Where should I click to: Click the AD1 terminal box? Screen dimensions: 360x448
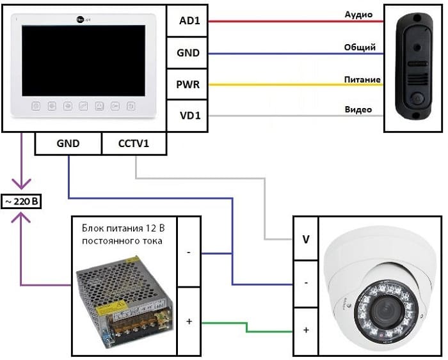(x=186, y=21)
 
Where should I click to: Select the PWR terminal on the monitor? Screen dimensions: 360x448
(x=186, y=84)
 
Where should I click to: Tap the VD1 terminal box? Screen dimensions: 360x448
(x=186, y=116)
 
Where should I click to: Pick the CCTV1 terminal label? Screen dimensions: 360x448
(x=134, y=143)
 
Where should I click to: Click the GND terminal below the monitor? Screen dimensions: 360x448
(x=67, y=143)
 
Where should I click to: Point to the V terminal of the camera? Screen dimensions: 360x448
(x=305, y=241)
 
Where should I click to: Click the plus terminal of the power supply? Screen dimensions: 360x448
(x=188, y=320)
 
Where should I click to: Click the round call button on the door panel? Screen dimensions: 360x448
(x=415, y=100)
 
